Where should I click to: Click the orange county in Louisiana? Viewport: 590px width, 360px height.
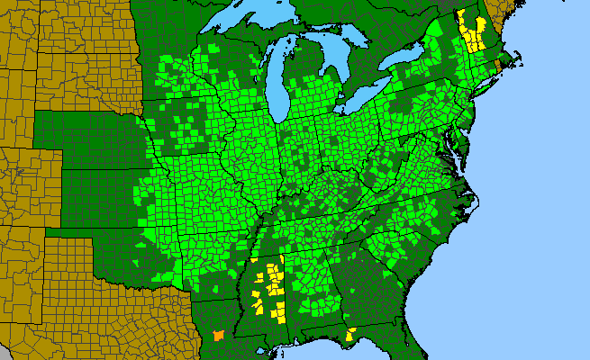[217, 335]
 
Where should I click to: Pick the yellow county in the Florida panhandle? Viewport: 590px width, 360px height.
[349, 335]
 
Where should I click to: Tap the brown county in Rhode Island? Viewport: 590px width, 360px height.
[500, 64]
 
